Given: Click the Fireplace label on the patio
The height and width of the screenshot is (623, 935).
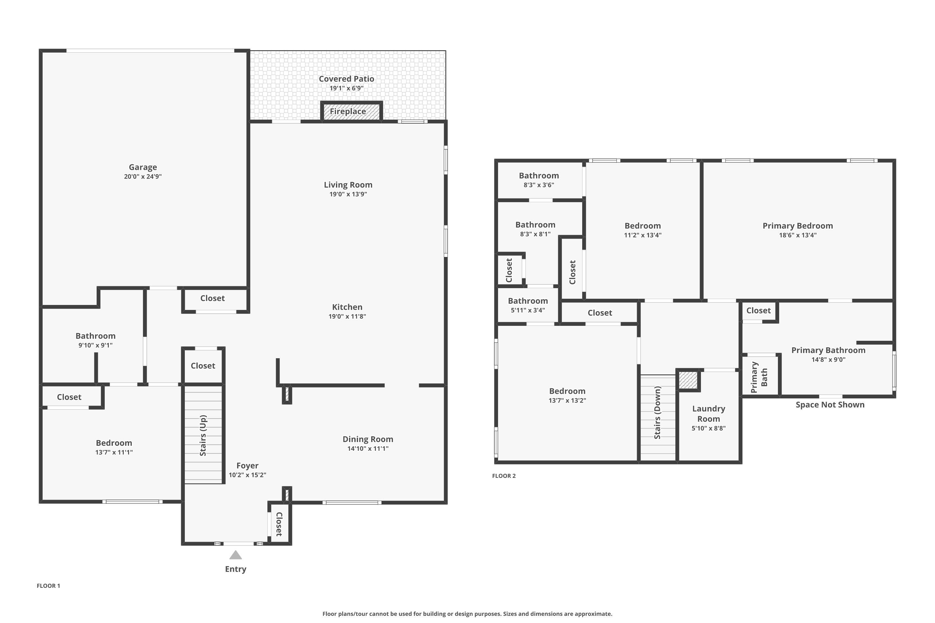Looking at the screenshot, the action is (348, 111).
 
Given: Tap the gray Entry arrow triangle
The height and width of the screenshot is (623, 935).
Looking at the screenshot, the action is (236, 555).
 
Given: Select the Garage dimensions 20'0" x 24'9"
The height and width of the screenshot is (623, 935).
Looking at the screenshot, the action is (143, 176).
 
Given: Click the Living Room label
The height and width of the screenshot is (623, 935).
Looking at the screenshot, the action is (348, 185).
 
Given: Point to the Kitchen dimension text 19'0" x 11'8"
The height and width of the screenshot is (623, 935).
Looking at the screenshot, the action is (347, 316).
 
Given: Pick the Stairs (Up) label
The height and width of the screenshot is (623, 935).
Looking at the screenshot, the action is (203, 435).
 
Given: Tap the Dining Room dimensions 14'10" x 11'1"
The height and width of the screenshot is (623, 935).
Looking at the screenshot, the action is (368, 449).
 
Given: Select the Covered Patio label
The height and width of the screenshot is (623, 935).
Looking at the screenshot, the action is (346, 79).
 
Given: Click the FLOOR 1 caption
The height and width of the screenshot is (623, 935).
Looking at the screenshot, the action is (49, 586).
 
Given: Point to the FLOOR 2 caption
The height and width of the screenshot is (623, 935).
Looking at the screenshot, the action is (504, 476).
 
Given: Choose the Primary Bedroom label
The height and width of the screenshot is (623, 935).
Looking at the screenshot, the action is (798, 226).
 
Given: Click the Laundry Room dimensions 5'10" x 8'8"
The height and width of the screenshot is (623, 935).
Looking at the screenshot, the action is (708, 428).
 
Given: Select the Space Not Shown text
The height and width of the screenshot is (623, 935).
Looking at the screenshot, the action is (830, 404).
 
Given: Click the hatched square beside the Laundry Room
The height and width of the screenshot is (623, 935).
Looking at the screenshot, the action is (688, 380).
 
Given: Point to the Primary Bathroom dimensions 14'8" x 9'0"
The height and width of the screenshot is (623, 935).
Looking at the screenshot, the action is (828, 359).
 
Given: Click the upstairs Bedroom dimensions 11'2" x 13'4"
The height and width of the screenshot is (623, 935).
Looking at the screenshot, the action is (642, 235).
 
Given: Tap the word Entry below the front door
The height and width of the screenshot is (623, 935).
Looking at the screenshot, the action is (236, 569).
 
